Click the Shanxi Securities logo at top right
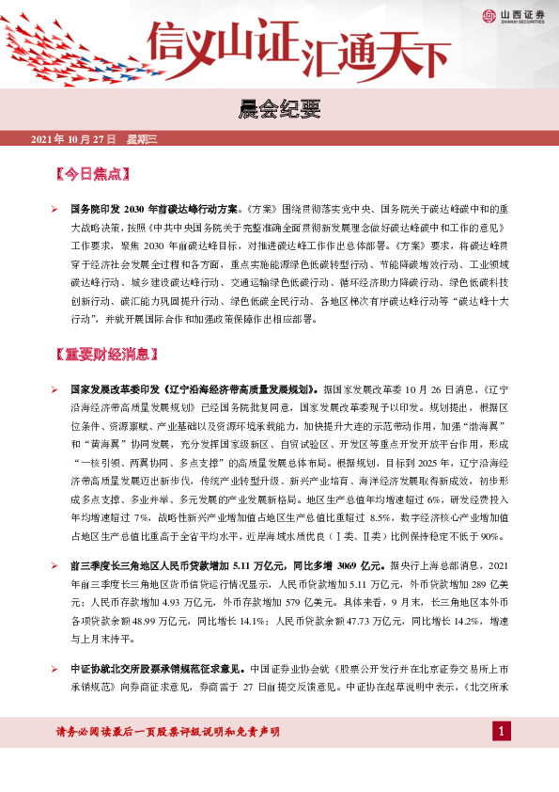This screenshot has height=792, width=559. [x=513, y=14]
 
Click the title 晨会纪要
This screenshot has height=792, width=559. [x=279, y=112]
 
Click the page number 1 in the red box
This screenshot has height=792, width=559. [x=502, y=731]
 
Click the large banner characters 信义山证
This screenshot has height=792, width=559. [x=225, y=42]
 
